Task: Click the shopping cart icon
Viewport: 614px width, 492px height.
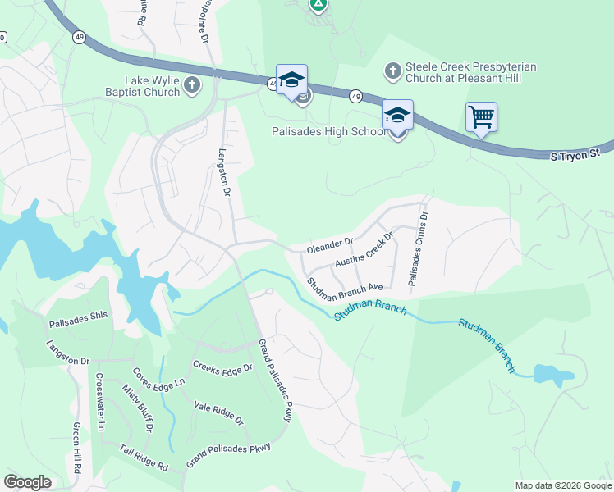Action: pyautogui.click(x=481, y=116)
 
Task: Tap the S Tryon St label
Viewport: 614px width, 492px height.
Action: pyautogui.click(x=572, y=154)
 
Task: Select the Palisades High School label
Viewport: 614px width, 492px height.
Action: pyautogui.click(x=329, y=131)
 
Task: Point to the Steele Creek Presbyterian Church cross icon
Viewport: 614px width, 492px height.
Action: pyautogui.click(x=392, y=72)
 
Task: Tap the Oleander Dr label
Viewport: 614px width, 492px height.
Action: pyautogui.click(x=329, y=244)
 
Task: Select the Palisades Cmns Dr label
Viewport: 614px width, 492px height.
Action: pyautogui.click(x=418, y=249)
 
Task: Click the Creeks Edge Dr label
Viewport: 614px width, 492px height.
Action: pyautogui.click(x=222, y=367)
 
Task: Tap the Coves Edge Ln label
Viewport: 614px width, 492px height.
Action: pyautogui.click(x=159, y=376)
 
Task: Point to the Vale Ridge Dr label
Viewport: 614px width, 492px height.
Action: pyautogui.click(x=218, y=412)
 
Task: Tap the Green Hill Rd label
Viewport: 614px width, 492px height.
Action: pyautogui.click(x=77, y=448)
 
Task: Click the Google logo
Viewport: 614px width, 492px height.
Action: pyautogui.click(x=27, y=482)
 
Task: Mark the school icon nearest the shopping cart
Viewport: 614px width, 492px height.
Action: pyautogui.click(x=397, y=116)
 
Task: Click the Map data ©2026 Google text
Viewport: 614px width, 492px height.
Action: pyautogui.click(x=562, y=485)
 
